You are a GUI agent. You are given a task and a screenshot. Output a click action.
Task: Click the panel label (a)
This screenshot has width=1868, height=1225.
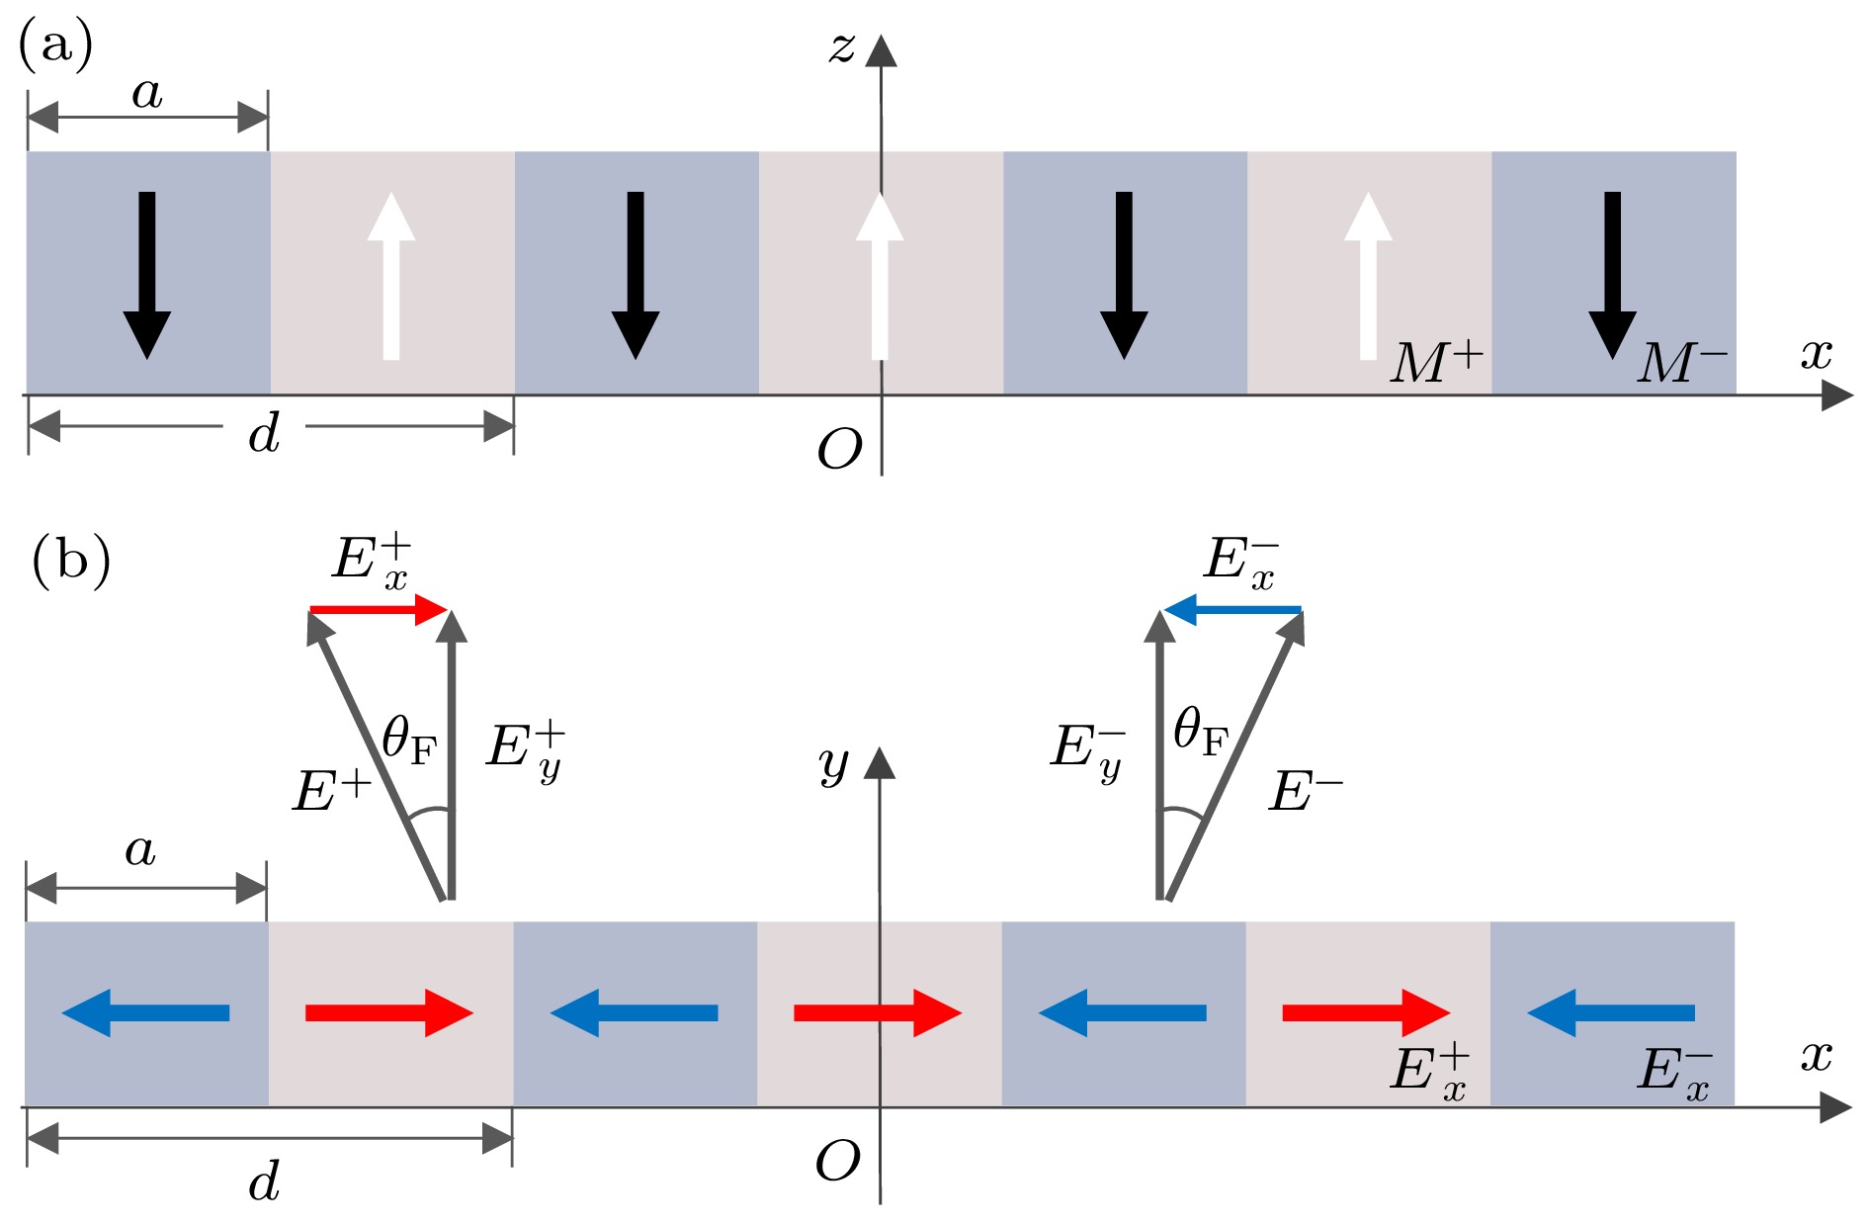click(x=55, y=45)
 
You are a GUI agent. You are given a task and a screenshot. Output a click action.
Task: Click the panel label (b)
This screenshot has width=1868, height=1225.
click(x=70, y=560)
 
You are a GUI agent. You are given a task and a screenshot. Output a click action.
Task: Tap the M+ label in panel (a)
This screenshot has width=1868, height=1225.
click(x=1436, y=362)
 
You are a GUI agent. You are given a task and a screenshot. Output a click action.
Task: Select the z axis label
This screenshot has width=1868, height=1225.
click(x=841, y=46)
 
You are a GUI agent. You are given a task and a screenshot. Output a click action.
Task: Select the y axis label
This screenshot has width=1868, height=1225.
click(x=834, y=763)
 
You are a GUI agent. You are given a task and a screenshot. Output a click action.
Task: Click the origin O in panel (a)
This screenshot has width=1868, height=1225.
click(x=839, y=451)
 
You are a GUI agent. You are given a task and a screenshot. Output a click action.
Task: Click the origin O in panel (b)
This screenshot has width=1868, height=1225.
click(x=837, y=1161)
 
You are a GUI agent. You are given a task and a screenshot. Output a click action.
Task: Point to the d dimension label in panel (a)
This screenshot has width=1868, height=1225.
click(x=264, y=433)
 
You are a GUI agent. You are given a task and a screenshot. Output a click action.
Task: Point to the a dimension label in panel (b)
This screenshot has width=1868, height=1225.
click(x=140, y=848)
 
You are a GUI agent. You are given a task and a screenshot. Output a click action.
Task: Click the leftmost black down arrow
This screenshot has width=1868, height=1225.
click(x=147, y=274)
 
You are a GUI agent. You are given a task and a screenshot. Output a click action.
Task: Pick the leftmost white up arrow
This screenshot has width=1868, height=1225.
click(x=391, y=275)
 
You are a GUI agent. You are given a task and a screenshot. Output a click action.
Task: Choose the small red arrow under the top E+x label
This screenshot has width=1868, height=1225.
click(x=379, y=609)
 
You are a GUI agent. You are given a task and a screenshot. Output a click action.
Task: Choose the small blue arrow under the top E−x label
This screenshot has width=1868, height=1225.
click(x=1232, y=609)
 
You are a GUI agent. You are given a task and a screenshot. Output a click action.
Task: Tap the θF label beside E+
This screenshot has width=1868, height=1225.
click(x=409, y=739)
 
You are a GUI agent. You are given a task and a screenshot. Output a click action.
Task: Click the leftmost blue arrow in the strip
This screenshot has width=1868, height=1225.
click(x=145, y=1012)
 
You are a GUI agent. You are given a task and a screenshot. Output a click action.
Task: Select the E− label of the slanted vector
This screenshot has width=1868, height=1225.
click(x=1305, y=791)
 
